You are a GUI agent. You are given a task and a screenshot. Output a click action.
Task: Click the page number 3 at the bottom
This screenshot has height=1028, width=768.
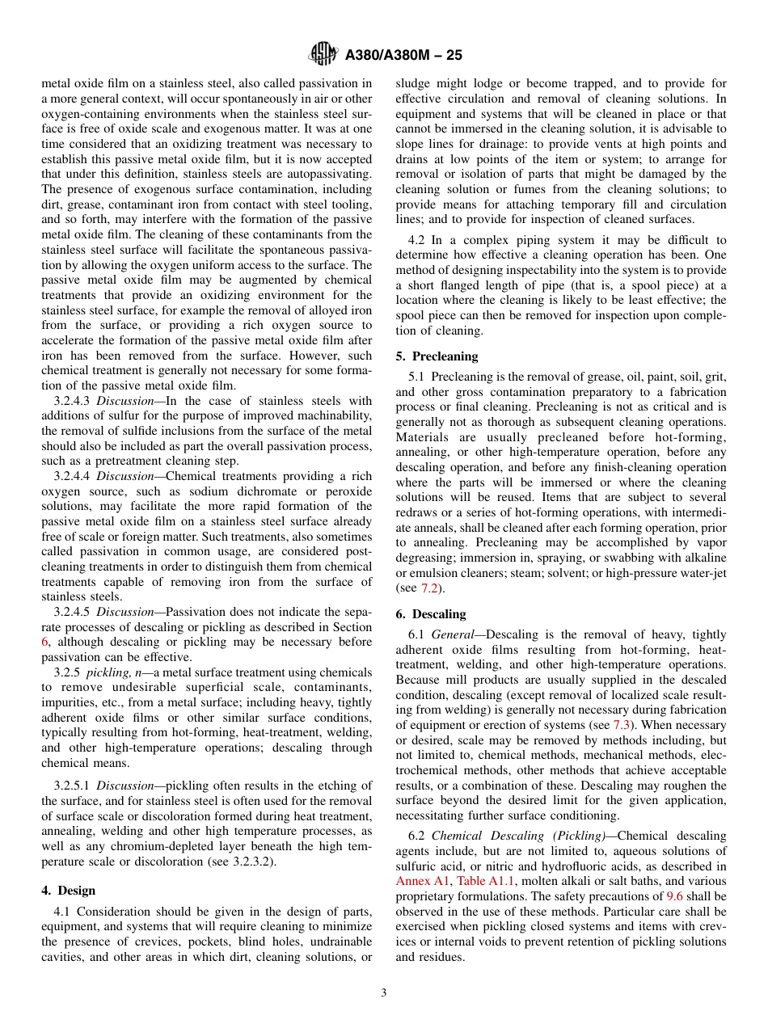[384, 993]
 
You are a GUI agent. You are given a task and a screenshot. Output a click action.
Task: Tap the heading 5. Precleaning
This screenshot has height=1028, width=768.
[437, 356]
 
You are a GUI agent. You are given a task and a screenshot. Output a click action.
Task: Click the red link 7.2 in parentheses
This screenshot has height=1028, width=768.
[429, 588]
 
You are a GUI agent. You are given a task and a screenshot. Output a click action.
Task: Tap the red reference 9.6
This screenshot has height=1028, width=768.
[674, 896]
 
